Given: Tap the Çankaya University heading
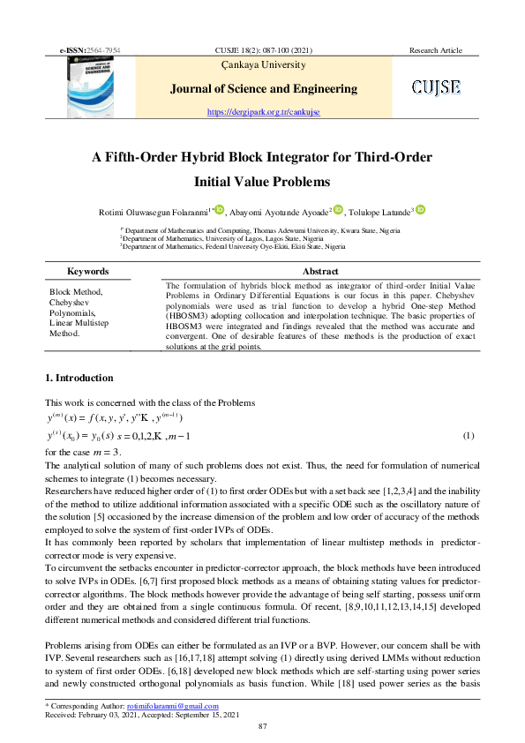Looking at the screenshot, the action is [x=261, y=64].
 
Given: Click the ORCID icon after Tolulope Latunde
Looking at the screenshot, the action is [x=421, y=209].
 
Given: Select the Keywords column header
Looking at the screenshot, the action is [x=87, y=272].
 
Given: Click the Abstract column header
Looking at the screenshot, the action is [x=319, y=272].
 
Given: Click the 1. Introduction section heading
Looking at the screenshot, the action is [x=79, y=379].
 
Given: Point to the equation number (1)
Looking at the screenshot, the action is [x=469, y=436].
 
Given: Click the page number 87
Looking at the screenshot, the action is [x=262, y=725].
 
